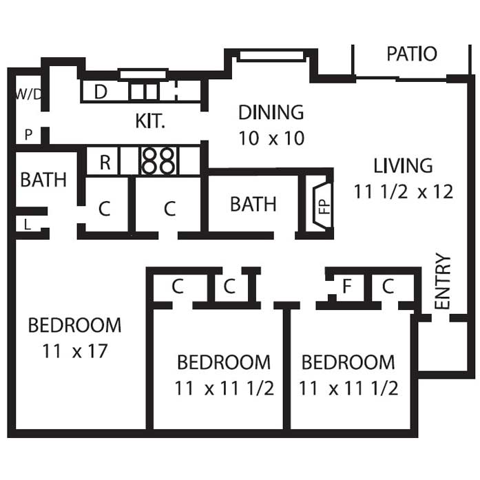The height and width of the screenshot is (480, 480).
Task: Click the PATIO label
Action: point(412,54)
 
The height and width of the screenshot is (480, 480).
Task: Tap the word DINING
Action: point(271,112)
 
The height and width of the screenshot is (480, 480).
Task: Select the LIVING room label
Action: point(403,165)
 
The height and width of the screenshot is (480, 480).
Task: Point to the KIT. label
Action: point(150,121)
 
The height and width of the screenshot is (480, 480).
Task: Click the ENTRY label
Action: point(443,281)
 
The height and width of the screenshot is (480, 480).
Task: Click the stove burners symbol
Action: point(158,161)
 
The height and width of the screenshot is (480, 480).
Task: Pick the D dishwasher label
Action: point(101,92)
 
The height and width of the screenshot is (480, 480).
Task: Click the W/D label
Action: point(28,94)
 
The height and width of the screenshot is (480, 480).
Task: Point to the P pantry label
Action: point(28,134)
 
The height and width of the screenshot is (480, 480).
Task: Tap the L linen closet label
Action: point(28,225)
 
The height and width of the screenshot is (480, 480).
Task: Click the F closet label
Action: point(346,286)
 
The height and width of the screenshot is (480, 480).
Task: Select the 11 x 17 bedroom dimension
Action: point(74,351)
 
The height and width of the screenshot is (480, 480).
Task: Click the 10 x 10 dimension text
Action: point(271,138)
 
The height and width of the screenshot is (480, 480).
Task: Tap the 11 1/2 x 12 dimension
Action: point(404,192)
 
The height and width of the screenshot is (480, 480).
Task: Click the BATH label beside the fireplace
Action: point(253,204)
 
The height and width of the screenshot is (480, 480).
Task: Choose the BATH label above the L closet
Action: point(43,180)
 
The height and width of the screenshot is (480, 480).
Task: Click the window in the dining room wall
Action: point(271,56)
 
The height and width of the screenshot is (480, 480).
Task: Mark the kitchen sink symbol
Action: point(144,92)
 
